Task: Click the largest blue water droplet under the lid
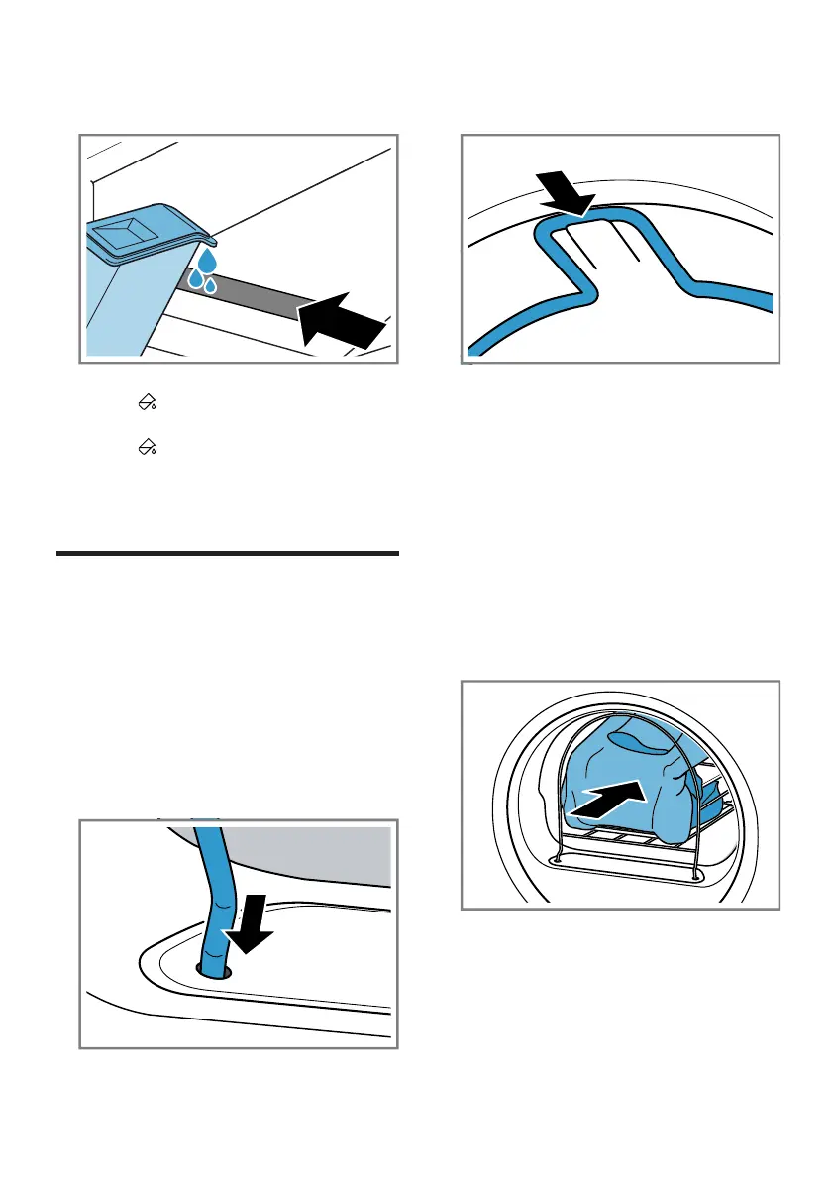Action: [x=206, y=262]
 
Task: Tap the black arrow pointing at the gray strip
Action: [x=342, y=315]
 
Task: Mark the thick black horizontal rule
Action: [x=228, y=554]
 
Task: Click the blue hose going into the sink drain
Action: [x=210, y=892]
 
